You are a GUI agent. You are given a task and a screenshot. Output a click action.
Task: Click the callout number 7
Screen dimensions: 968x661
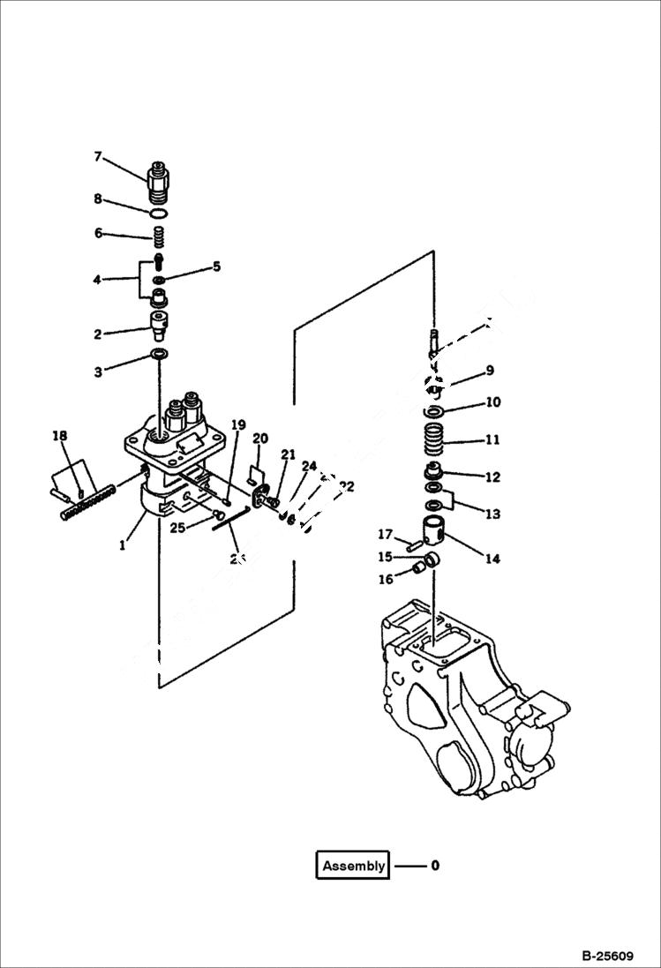click(99, 157)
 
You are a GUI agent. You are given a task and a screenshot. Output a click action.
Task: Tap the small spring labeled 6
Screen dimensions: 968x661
click(159, 236)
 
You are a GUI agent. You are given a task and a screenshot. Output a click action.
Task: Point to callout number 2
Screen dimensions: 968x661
click(99, 334)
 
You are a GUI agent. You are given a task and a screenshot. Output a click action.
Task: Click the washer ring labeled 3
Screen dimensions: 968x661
click(160, 355)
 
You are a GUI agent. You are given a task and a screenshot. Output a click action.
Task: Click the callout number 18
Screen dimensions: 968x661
click(59, 436)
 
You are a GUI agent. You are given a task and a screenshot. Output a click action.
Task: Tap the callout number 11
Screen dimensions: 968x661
click(492, 439)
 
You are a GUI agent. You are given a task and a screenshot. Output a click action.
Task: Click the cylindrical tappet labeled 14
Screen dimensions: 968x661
click(435, 532)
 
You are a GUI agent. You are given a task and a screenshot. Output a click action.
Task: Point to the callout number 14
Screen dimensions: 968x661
click(492, 559)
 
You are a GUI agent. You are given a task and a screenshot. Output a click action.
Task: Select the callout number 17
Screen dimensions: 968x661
click(385, 534)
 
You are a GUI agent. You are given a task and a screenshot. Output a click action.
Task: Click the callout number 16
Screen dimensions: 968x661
click(385, 579)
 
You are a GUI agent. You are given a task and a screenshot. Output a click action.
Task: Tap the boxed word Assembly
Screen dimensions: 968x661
click(353, 866)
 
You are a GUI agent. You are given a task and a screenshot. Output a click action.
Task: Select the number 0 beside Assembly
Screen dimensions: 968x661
click(435, 866)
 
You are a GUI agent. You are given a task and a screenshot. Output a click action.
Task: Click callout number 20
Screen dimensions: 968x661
click(260, 439)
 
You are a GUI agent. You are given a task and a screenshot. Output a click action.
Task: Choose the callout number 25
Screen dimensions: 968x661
click(177, 528)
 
